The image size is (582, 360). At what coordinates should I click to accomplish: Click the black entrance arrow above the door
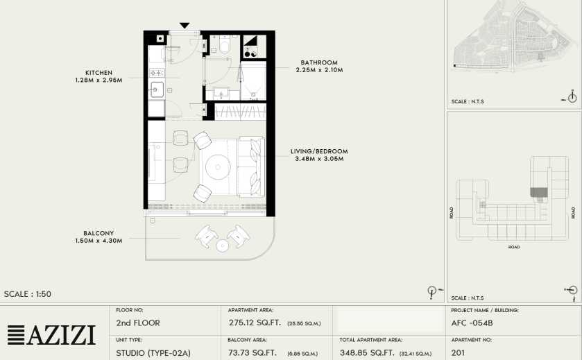pos(185,25)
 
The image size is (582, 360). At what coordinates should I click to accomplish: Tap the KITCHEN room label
pos(99,73)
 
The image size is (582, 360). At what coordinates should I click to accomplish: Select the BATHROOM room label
pos(319,62)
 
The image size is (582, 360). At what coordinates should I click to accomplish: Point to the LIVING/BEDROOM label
pos(319,151)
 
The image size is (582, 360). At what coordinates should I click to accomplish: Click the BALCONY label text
pos(99,234)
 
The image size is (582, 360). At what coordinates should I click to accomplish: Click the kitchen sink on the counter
pos(157,89)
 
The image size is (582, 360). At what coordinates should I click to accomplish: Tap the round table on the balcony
pos(222,246)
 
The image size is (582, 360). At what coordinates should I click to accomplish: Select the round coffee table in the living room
pos(218,167)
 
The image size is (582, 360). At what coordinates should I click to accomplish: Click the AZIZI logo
pos(51,335)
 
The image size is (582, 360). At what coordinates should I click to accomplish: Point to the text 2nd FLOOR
pos(138,323)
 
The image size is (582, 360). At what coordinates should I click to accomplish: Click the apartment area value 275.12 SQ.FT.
pos(255,323)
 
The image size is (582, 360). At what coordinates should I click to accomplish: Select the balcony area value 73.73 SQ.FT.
pos(253,352)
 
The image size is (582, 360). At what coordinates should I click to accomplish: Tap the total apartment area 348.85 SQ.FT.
pos(367,352)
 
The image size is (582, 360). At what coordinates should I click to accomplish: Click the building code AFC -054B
pos(472,323)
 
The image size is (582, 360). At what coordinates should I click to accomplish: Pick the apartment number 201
pos(458,352)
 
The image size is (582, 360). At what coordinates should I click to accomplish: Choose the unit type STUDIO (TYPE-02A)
pos(153,353)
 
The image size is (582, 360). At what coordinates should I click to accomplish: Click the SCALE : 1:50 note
pos(28,294)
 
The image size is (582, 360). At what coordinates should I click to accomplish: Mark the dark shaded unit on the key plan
pos(538,192)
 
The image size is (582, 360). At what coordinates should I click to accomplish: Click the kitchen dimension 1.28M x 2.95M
pos(99,80)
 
